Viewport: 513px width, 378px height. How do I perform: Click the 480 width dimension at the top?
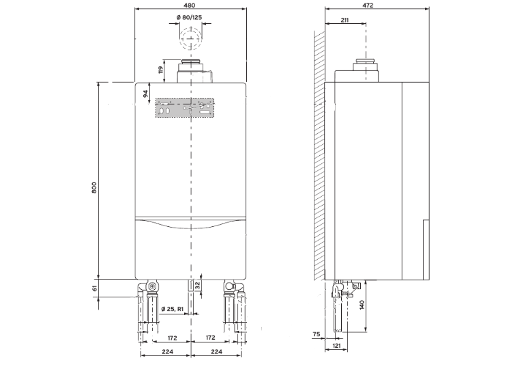pyautogui.click(x=192, y=5)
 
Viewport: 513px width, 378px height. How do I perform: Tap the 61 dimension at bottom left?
pyautogui.click(x=95, y=288)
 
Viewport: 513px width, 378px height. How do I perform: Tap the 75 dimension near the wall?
pyautogui.click(x=317, y=334)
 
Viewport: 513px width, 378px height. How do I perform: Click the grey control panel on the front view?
pyautogui.click(x=184, y=108)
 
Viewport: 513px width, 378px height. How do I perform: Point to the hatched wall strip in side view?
pyautogui.click(x=319, y=150)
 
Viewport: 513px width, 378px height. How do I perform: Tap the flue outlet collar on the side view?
pyautogui.click(x=366, y=71)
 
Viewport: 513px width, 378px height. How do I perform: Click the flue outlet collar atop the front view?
pyautogui.click(x=192, y=71)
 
